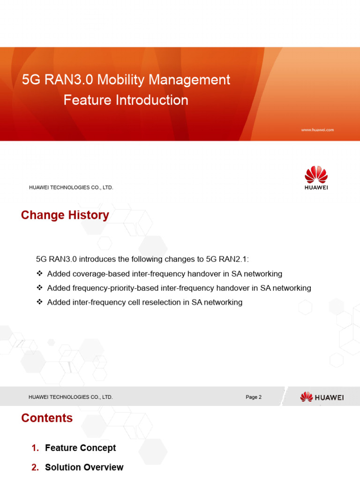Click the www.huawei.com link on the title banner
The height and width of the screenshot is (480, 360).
(317, 130)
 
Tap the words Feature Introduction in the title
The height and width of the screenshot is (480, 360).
(126, 100)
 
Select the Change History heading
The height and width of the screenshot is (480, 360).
(65, 215)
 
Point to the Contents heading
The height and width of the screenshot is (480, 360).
(47, 418)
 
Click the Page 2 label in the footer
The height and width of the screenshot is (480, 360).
(254, 397)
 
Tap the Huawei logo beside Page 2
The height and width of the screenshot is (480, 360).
(322, 397)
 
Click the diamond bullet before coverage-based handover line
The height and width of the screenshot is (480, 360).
(39, 274)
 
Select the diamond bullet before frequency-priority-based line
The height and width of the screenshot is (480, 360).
(39, 288)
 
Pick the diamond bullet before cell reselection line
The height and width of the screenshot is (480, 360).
(39, 302)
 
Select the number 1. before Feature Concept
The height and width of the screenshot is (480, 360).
(35, 448)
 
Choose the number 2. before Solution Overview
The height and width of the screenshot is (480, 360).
(35, 467)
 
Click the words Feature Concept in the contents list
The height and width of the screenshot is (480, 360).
(80, 448)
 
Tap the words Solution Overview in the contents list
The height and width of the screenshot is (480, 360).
(84, 467)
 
